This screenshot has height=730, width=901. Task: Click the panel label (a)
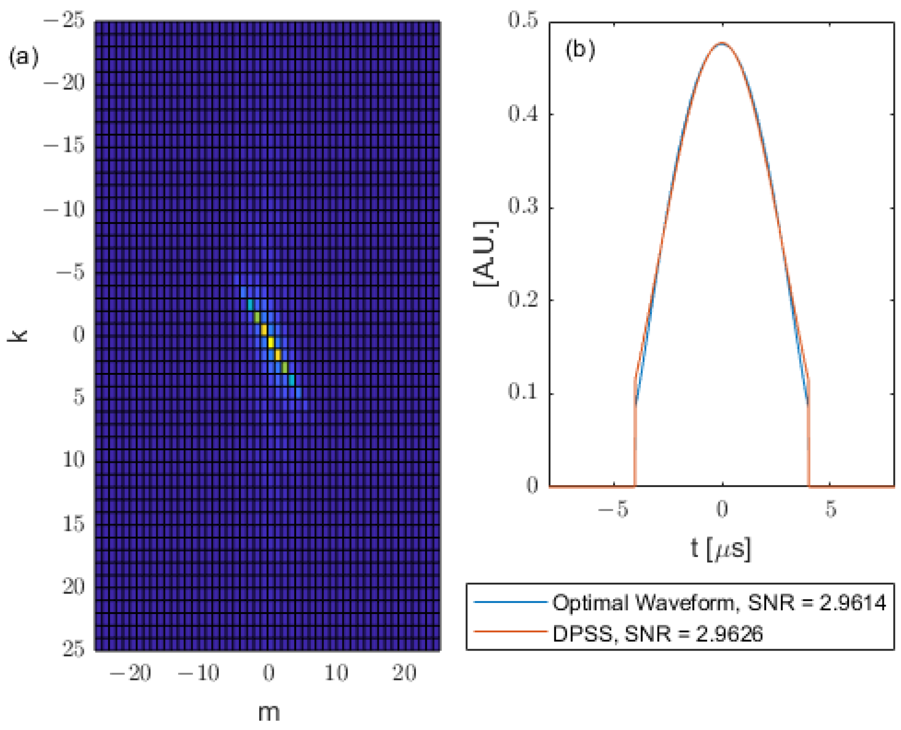pos(23,57)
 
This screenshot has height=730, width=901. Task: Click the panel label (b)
pos(580,49)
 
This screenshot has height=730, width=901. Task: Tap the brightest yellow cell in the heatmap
pos(271,342)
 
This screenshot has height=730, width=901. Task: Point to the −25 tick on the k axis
pos(64,21)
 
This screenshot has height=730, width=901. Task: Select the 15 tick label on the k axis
pos(74,524)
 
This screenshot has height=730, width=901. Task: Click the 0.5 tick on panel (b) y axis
pos(523,21)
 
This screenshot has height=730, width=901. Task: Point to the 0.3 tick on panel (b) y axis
pos(523,206)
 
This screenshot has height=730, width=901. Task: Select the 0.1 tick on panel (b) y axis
pos(523,392)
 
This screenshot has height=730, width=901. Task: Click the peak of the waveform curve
pos(722,43)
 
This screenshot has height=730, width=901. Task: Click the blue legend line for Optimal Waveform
pos(510,602)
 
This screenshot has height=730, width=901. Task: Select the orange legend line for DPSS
pos(510,632)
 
